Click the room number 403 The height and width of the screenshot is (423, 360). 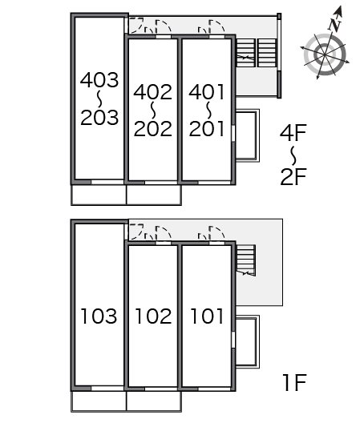pyautogui.click(x=99, y=80)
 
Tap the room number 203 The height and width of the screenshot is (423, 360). pyautogui.click(x=99, y=117)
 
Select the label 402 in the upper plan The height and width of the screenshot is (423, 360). pyautogui.click(x=153, y=92)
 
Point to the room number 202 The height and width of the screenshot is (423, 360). pyautogui.click(x=153, y=128)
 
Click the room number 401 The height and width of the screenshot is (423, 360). pyautogui.click(x=207, y=92)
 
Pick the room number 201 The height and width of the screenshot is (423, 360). pyautogui.click(x=207, y=128)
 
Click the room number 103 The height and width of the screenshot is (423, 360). pyautogui.click(x=99, y=316)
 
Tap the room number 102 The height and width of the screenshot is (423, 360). pyautogui.click(x=153, y=316)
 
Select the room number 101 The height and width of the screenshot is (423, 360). pyautogui.click(x=207, y=316)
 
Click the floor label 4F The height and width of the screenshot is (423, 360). pyautogui.click(x=293, y=132)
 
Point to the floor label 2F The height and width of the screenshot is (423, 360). pyautogui.click(x=293, y=177)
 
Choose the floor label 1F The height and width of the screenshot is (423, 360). pyautogui.click(x=295, y=382)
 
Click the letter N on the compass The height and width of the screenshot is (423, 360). pyautogui.click(x=335, y=25)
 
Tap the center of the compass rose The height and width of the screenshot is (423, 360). pyautogui.click(x=325, y=54)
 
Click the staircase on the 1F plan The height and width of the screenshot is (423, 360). pyautogui.click(x=246, y=260)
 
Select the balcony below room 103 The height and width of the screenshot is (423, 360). pyautogui.click(x=99, y=401)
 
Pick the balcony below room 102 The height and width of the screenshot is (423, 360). pyautogui.click(x=154, y=401)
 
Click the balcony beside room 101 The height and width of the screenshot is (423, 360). pyautogui.click(x=247, y=342)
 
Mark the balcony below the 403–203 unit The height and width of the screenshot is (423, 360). pyautogui.click(x=99, y=195)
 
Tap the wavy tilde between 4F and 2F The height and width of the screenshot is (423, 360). pyautogui.click(x=293, y=155)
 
